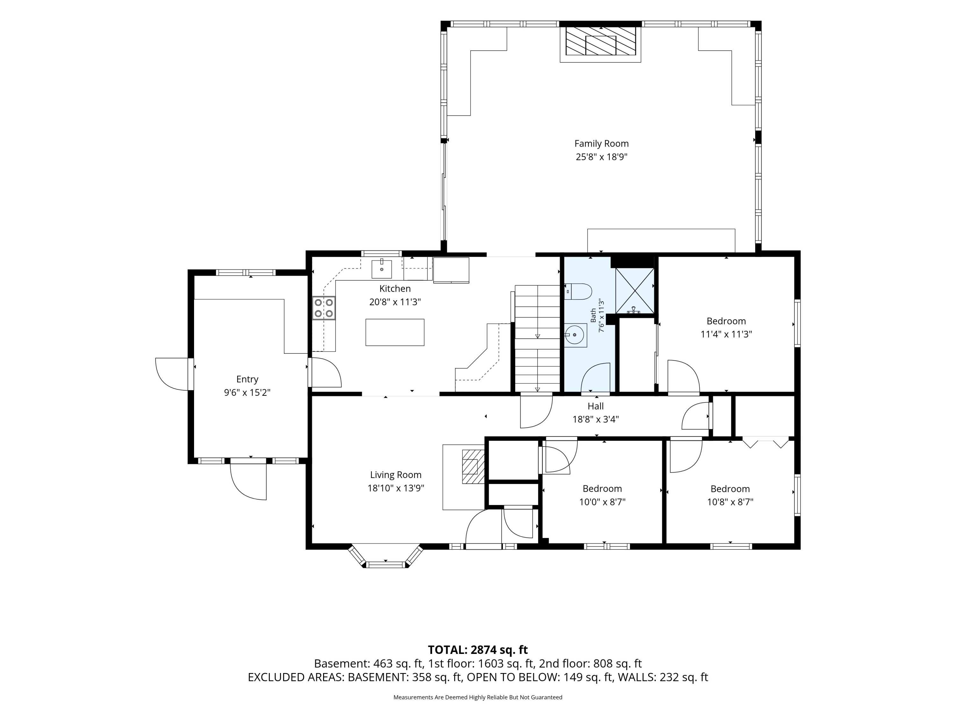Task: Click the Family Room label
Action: point(601,143)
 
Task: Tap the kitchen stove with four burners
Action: point(324,308)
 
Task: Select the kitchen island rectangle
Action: point(395,332)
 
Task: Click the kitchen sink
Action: point(382,269)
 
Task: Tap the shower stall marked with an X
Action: point(634,290)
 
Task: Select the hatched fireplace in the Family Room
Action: point(600,41)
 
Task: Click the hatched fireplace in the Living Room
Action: point(473,466)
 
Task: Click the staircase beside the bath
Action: point(537,338)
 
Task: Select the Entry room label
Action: point(247,379)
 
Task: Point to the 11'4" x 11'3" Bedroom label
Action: point(726,328)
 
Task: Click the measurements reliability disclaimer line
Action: point(478,697)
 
